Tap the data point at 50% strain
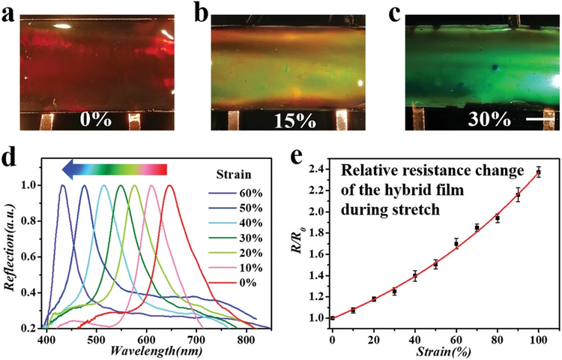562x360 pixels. (x=435, y=264)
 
